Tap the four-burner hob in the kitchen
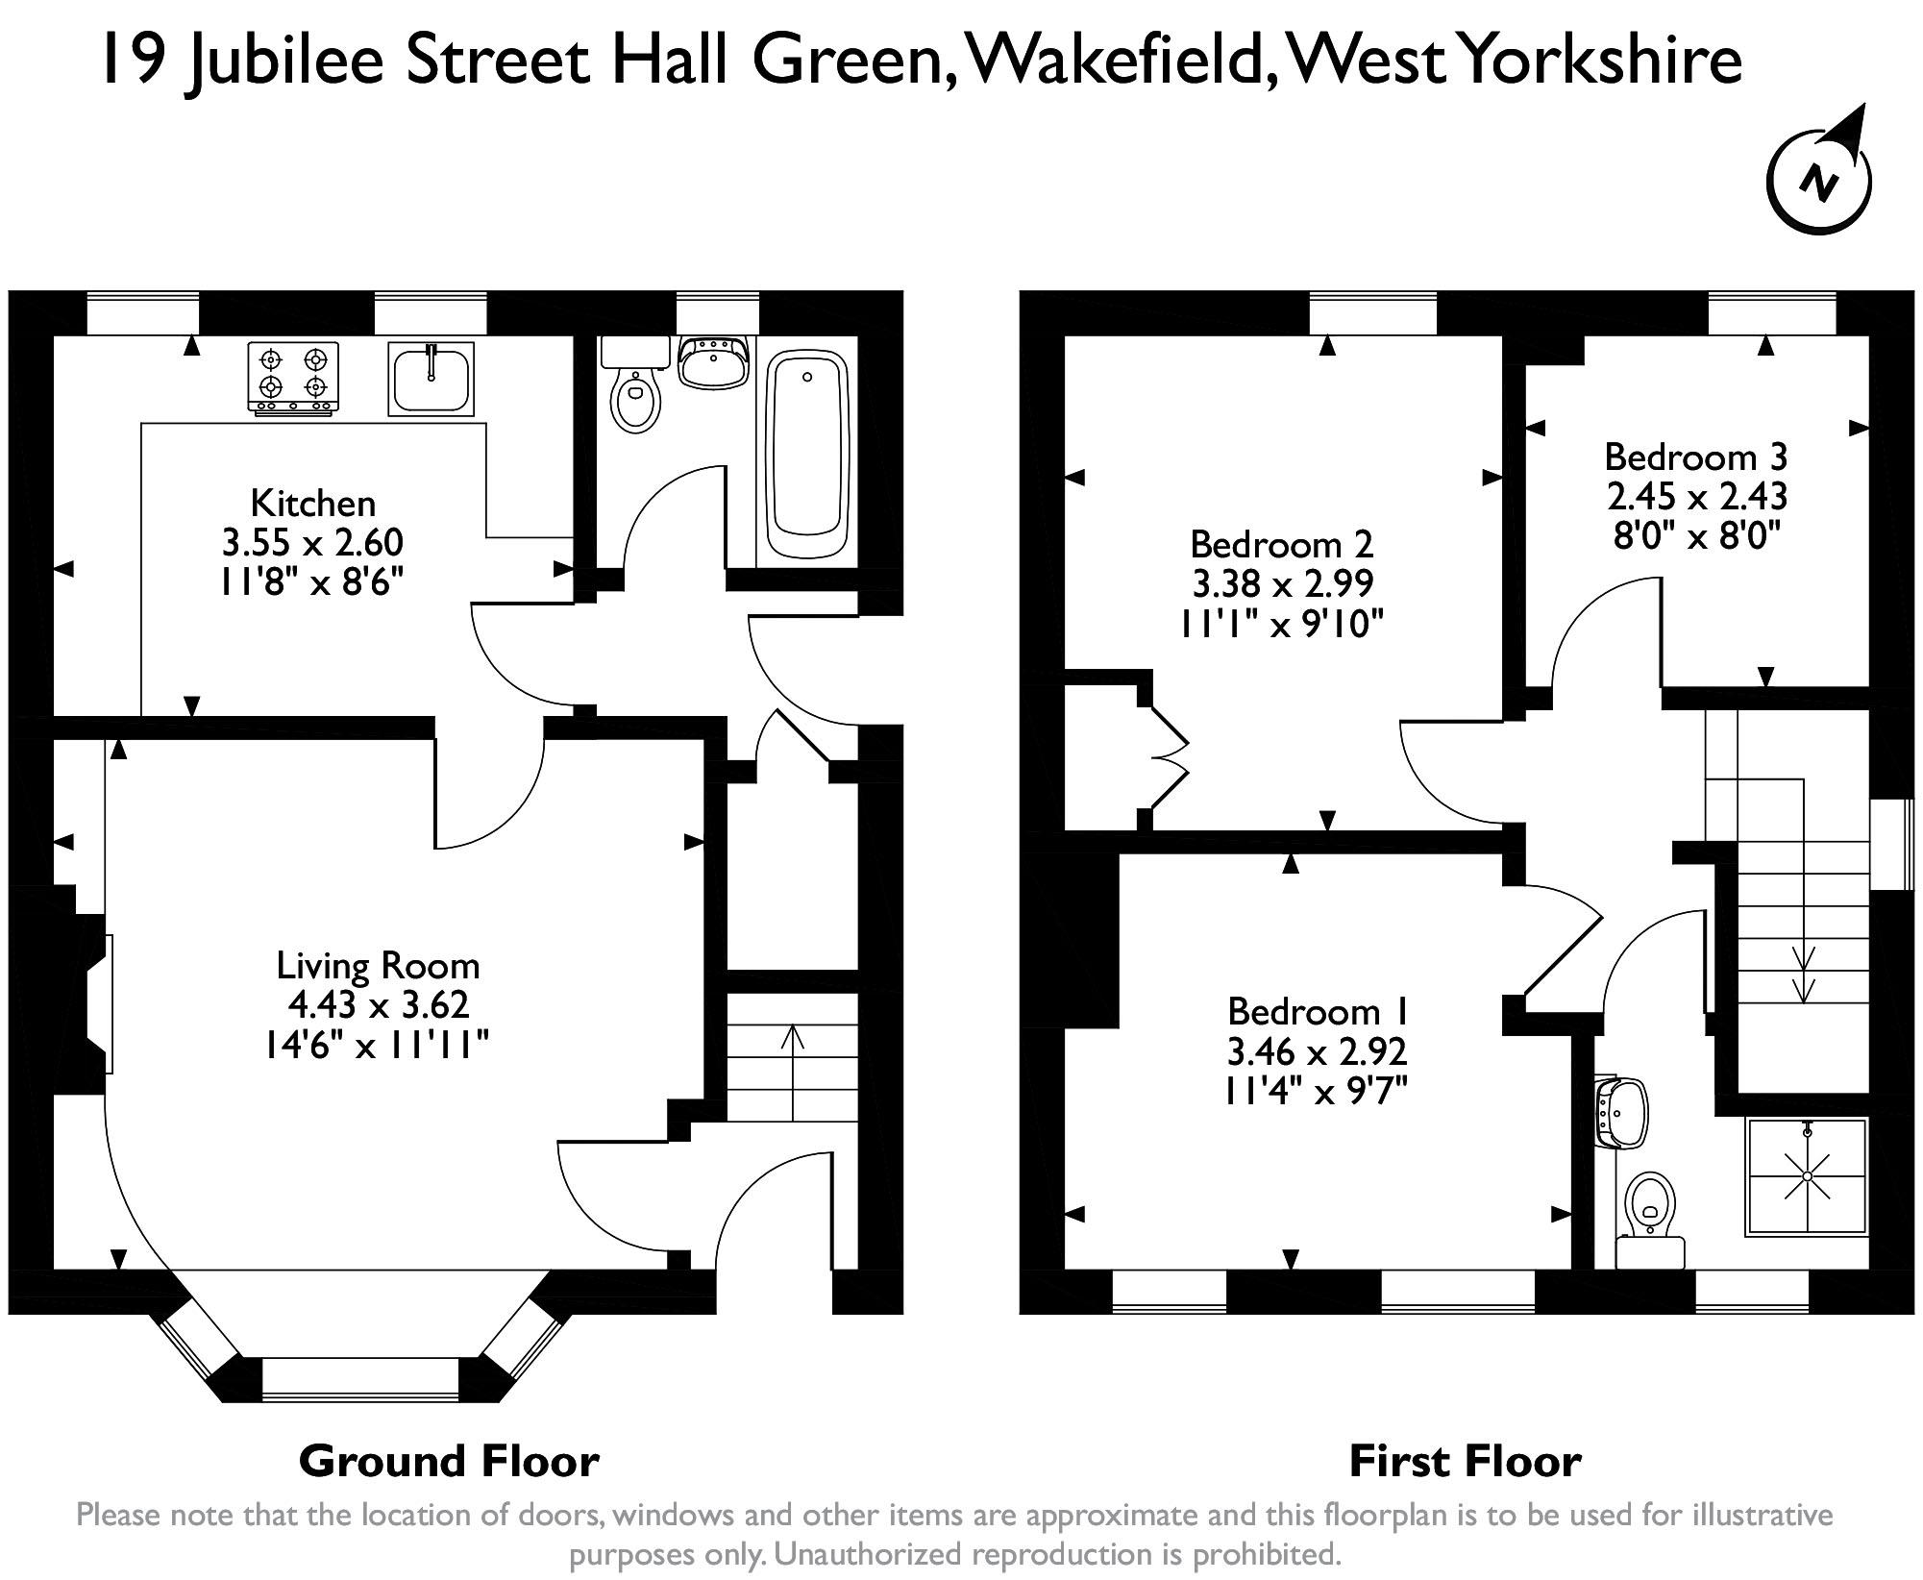(x=293, y=377)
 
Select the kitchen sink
(x=431, y=379)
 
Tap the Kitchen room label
(x=312, y=503)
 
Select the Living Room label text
(x=378, y=965)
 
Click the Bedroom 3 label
(x=1695, y=456)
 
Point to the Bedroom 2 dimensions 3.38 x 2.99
(x=1281, y=583)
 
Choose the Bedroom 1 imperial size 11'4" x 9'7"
(x=1317, y=1092)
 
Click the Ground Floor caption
(x=449, y=1461)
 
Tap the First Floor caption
(x=1465, y=1461)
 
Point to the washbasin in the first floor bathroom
(x=1622, y=1113)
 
